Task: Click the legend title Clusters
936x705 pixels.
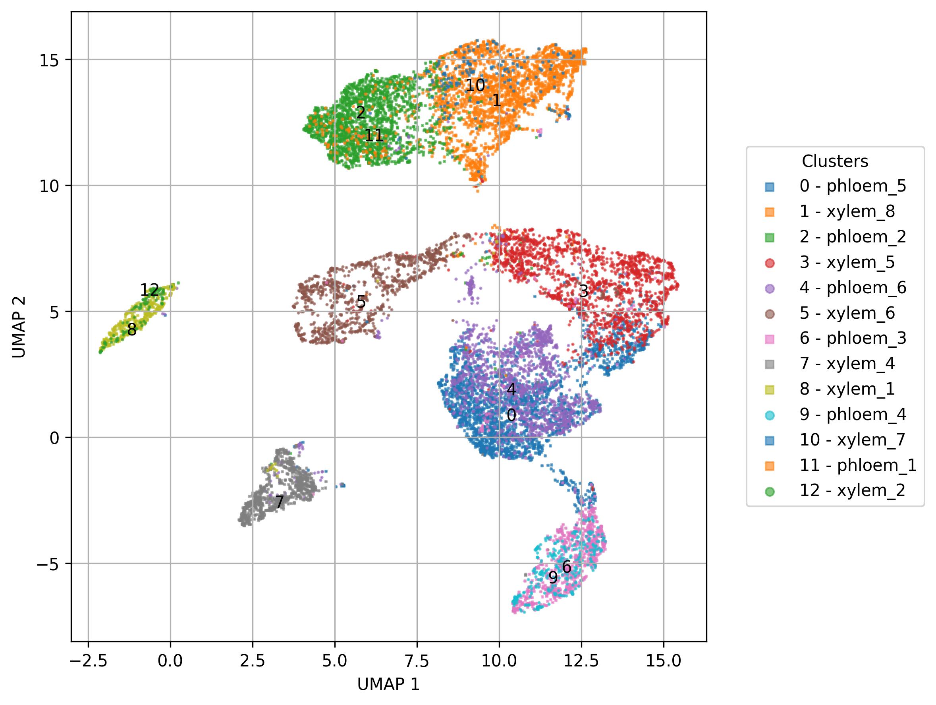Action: [x=835, y=161]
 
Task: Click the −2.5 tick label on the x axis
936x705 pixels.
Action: [x=88, y=660]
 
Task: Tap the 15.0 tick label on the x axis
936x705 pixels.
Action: [x=663, y=660]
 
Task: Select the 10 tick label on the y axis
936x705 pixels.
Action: [x=50, y=186]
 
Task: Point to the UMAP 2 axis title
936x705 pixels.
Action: [x=19, y=327]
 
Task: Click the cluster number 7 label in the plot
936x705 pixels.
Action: [x=279, y=502]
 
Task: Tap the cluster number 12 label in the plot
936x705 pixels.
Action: [x=149, y=291]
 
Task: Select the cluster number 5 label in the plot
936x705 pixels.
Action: [x=361, y=302]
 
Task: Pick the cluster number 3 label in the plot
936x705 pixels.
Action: [x=583, y=291]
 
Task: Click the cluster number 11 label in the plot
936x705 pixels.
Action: [x=374, y=136]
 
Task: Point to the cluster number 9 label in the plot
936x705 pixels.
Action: [x=553, y=577]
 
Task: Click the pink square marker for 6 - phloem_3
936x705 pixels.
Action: [x=769, y=339]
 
